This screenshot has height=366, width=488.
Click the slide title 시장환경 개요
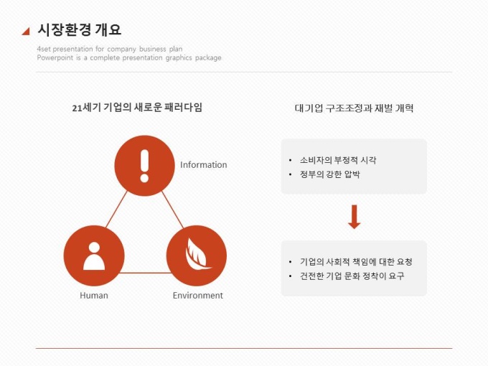pos(79,30)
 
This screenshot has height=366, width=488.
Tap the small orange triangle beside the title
pos(27,32)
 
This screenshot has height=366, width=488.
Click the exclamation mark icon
pos(144,166)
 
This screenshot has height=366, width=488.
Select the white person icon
pos(94,256)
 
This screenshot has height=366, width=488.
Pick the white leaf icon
pos(197,254)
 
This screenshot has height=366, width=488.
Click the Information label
pos(204,164)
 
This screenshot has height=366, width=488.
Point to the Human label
pos(94,296)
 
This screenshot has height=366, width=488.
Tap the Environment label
pos(198,296)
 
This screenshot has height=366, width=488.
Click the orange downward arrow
pos(355,217)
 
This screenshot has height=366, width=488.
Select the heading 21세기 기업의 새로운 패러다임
pos(137,108)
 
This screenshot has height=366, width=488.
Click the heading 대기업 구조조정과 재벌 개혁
pos(355,108)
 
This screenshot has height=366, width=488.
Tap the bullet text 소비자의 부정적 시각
pos(338,160)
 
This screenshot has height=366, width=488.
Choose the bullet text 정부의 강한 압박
pos(330,174)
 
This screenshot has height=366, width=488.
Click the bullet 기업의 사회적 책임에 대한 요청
pos(356,262)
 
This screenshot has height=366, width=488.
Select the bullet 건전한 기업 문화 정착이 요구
pos(352,276)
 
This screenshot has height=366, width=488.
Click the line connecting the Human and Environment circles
pos(146,273)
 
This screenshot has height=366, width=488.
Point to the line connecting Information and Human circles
pos(117,209)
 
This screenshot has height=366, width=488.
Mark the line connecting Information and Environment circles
pos(173,210)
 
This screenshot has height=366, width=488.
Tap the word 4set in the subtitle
pos(44,49)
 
